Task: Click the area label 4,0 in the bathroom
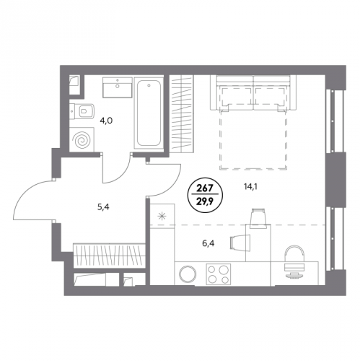[106, 121]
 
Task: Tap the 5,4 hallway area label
[103, 207]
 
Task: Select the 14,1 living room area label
[252, 186]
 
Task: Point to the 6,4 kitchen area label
[208, 243]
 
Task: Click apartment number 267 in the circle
[205, 188]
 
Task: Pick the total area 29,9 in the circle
[205, 199]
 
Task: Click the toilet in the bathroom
[82, 111]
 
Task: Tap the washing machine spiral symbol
[82, 140]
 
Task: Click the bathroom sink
[118, 87]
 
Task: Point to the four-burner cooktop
[219, 274]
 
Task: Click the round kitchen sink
[188, 274]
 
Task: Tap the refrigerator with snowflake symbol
[162, 216]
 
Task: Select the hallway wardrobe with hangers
[109, 256]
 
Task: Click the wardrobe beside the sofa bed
[182, 113]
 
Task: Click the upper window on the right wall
[333, 121]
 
